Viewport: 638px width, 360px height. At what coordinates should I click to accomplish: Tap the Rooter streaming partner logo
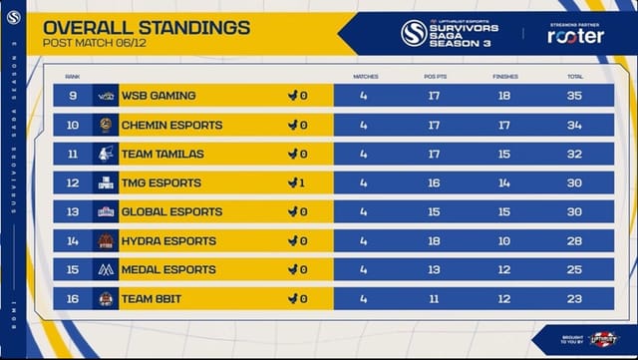[x=575, y=35]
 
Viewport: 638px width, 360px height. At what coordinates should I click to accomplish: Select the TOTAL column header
[x=575, y=76]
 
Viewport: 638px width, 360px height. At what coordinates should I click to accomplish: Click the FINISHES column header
[x=505, y=76]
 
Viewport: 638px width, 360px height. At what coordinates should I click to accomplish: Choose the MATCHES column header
[x=365, y=76]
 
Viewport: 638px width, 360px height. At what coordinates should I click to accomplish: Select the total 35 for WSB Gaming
[x=575, y=96]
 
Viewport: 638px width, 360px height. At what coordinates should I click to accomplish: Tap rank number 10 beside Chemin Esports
[x=73, y=125]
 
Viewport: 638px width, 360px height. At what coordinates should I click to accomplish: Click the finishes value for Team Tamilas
[x=505, y=154]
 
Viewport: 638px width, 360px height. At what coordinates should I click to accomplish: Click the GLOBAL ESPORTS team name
[x=165, y=211]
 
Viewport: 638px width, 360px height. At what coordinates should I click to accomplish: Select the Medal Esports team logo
[x=106, y=269]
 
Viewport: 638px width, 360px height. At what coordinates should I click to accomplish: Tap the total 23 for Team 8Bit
[x=575, y=298]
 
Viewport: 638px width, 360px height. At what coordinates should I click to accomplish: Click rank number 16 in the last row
[x=73, y=298]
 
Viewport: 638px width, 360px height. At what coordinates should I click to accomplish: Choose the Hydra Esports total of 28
[x=575, y=240]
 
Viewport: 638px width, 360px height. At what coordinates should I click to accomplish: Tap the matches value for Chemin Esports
[x=364, y=125]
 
